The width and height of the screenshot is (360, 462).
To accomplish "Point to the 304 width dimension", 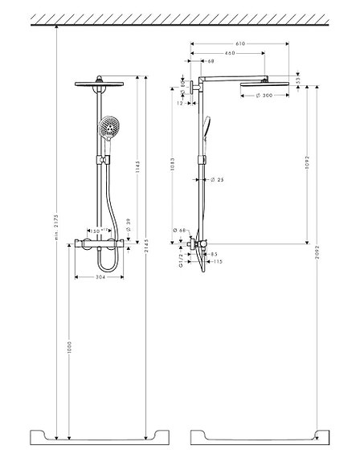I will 99,278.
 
